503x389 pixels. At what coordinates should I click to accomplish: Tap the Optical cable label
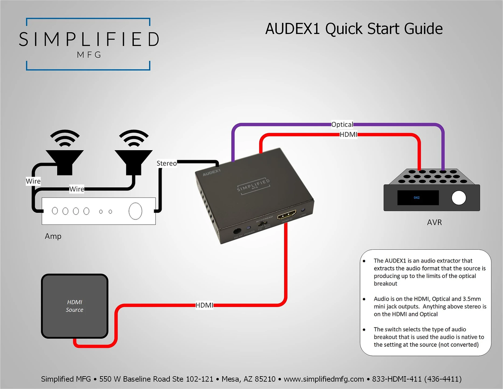pos(342,124)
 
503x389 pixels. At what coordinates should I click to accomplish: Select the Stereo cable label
pos(167,163)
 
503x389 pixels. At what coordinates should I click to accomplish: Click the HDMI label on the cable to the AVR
pos(348,135)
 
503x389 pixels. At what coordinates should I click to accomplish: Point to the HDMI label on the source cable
pos(204,306)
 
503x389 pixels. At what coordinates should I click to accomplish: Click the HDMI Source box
pos(75,306)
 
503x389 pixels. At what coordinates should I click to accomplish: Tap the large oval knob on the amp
pos(135,211)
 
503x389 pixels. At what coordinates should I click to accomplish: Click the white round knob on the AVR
pos(459,198)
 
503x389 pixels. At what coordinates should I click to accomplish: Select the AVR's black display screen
pos(418,198)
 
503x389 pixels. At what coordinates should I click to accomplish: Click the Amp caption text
pos(53,236)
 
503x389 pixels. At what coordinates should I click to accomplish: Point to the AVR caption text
pos(434,223)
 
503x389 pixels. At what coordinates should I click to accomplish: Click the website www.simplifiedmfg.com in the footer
pos(324,379)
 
